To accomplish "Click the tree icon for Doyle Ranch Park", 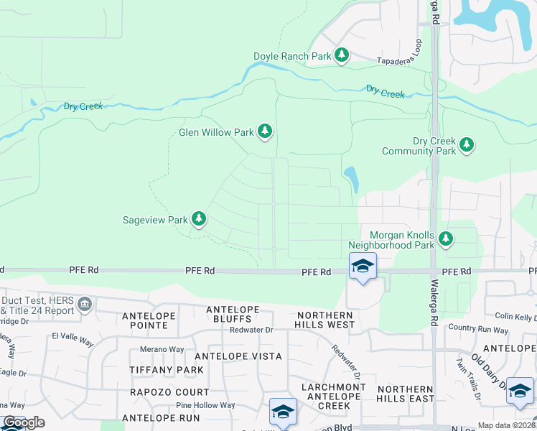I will click(x=342, y=55).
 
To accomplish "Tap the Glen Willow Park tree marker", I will click(x=266, y=131).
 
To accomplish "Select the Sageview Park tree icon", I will click(x=199, y=218).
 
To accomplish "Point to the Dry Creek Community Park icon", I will click(x=467, y=144).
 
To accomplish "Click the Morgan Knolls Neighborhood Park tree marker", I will click(x=445, y=238).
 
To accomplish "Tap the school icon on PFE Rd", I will click(x=363, y=267).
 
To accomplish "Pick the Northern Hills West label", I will click(x=324, y=320).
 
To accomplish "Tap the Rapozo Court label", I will click(x=169, y=392).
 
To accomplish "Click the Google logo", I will click(x=23, y=422).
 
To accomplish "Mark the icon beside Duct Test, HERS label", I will click(x=85, y=305).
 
